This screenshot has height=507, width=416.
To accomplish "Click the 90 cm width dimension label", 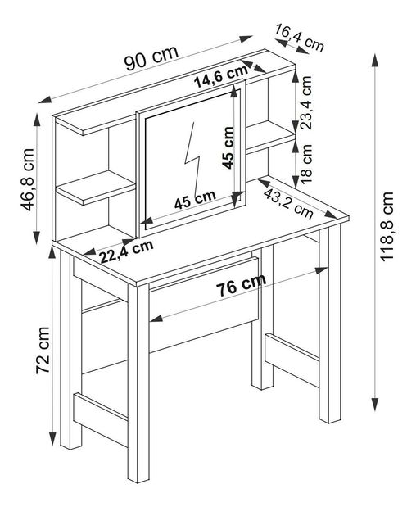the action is (x=151, y=58).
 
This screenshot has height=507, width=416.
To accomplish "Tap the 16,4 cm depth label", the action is (x=300, y=38).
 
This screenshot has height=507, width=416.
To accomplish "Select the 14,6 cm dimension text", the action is (x=221, y=77).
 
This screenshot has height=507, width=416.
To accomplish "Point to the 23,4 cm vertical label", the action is (x=306, y=102).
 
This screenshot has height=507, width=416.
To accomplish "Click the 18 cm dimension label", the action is (x=306, y=164).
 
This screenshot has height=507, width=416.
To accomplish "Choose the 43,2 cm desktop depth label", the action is (x=288, y=204).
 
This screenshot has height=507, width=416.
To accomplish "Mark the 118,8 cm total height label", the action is (x=387, y=227).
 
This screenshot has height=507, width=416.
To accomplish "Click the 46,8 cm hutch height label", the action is (x=27, y=179).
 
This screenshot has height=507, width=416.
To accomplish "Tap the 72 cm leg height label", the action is (x=43, y=351).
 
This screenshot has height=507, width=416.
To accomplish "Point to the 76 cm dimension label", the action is (x=241, y=285).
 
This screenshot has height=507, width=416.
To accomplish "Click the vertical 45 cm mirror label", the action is (x=228, y=147).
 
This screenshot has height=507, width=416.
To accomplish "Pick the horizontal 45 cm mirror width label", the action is (x=195, y=200).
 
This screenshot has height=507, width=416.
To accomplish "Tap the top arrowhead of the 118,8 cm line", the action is (x=374, y=61).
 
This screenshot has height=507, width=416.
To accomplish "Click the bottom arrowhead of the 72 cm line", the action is (x=52, y=439).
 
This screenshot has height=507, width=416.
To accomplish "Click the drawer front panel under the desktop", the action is (x=204, y=305).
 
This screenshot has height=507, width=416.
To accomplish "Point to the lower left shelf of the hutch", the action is (x=96, y=188).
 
